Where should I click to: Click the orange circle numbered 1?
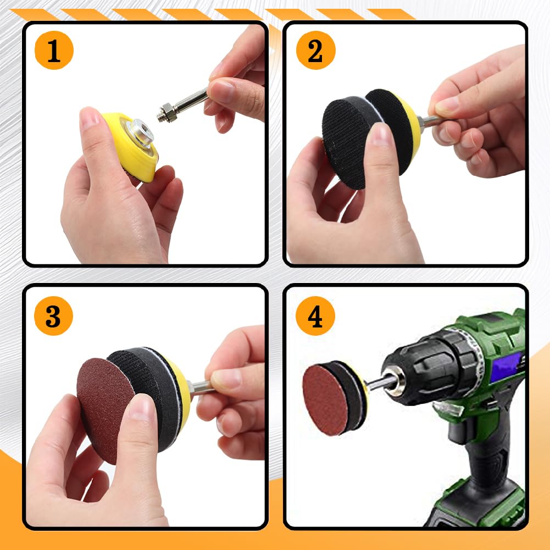pyautogui.click(x=54, y=50)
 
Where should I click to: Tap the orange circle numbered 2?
pyautogui.click(x=316, y=50)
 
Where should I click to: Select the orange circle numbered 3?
pyautogui.click(x=53, y=316)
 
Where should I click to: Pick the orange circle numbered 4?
pyautogui.click(x=315, y=316)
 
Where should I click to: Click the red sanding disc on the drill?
pyautogui.click(x=325, y=399)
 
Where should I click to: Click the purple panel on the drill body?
pyautogui.click(x=505, y=367)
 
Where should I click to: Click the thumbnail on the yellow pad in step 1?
pyautogui.click(x=89, y=118)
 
